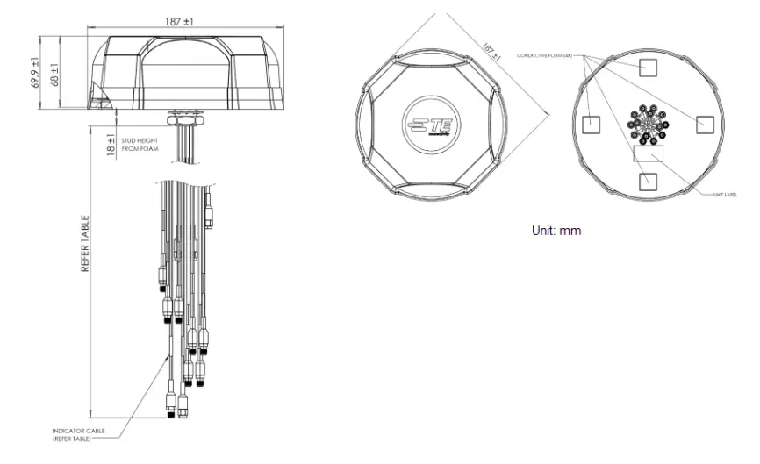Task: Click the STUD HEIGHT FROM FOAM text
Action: [x=140, y=144]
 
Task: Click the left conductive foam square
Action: [x=592, y=125]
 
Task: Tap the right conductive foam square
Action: [x=705, y=125]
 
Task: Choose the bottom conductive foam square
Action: [x=648, y=180]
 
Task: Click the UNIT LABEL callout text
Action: [x=723, y=195]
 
